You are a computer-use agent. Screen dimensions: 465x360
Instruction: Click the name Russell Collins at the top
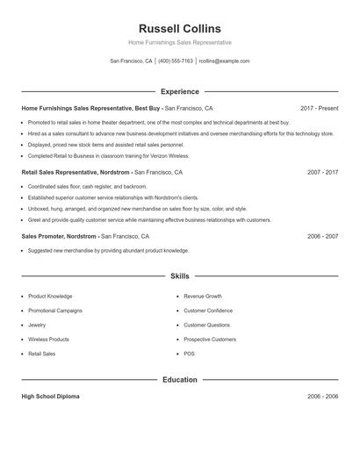coord(179,28)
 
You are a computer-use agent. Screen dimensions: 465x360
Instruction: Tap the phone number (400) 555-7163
coord(176,61)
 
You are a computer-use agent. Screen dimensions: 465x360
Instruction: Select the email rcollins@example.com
coord(224,61)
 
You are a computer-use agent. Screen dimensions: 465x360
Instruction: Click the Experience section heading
coord(180,91)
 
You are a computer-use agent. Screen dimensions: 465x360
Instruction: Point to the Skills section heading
coord(180,275)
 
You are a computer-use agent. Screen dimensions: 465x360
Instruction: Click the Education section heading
coord(180,380)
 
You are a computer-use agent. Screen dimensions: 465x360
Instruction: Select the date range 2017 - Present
coord(319,108)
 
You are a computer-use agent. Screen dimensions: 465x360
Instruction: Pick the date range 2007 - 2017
coord(322,173)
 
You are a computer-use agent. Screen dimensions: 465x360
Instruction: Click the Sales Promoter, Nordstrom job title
coord(60,237)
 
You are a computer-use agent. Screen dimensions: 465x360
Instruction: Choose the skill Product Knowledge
coord(50,297)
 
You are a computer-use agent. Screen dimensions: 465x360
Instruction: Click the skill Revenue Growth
coord(203,297)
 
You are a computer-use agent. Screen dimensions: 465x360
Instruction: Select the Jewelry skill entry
coord(37,325)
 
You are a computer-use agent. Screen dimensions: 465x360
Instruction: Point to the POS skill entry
coord(189,354)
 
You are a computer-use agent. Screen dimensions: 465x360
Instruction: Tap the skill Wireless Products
coord(48,340)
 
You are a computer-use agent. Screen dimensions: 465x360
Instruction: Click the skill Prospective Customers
coord(210,340)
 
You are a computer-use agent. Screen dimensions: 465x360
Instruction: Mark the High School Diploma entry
coord(50,397)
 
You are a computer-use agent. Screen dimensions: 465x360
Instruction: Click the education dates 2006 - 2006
coord(322,397)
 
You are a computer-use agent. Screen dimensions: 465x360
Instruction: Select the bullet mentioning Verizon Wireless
coord(108,155)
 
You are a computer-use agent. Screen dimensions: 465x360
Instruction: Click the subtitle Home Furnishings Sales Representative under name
coord(179,42)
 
